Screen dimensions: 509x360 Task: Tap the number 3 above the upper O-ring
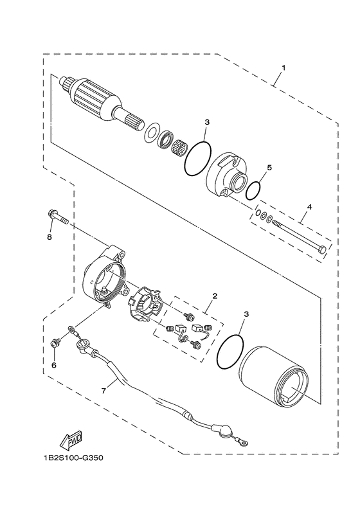pos(207,121)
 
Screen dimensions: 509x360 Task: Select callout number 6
pos(54,364)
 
